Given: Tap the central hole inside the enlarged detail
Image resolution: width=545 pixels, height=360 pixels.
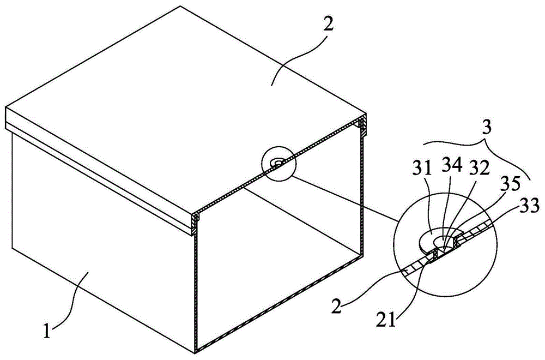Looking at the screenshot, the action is point(438,241).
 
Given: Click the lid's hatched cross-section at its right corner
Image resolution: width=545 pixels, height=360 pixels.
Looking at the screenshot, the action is point(362,124).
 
